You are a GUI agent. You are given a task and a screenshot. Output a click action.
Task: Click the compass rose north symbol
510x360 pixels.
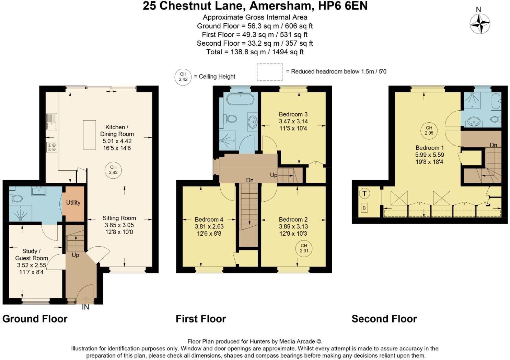pyautogui.click(x=480, y=23)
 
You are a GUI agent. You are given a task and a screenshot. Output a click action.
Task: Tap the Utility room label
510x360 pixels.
pyautogui.click(x=73, y=203)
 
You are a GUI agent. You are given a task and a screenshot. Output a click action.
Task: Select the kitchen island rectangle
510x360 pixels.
pyautogui.click(x=89, y=135)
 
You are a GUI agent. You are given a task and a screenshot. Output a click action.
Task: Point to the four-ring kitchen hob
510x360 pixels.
pyautogui.click(x=52, y=147)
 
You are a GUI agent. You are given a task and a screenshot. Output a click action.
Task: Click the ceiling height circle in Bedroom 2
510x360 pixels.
pyautogui.click(x=304, y=248)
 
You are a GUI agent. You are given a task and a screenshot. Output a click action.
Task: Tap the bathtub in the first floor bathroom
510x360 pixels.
pyautogui.click(x=241, y=100)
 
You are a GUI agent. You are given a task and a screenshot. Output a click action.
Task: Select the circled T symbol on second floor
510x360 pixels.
pyautogui.click(x=364, y=194)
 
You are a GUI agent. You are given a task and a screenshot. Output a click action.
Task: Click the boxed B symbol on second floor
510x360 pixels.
pyautogui.click(x=364, y=208)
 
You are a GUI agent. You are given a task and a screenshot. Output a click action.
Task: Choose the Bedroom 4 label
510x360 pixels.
pyautogui.click(x=209, y=220)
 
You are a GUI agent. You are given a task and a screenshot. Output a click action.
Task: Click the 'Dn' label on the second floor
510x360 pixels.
pyautogui.click(x=493, y=145)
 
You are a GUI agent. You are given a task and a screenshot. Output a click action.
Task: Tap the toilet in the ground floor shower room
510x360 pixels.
pyautogui.click(x=16, y=198)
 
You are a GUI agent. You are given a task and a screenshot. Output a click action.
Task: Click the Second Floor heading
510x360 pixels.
pyautogui.click(x=384, y=319)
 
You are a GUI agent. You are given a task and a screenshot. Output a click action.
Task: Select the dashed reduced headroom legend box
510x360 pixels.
pyautogui.click(x=270, y=72)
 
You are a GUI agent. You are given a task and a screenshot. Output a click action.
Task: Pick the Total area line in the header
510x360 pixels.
pyautogui.click(x=255, y=52)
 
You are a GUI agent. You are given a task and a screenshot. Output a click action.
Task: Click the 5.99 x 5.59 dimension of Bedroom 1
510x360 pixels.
pyautogui.click(x=429, y=155)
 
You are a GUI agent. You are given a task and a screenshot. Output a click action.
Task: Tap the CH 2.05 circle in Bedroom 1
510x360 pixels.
pyautogui.click(x=429, y=131)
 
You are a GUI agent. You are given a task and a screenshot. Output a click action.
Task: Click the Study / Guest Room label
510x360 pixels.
pyautogui.click(x=32, y=255)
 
